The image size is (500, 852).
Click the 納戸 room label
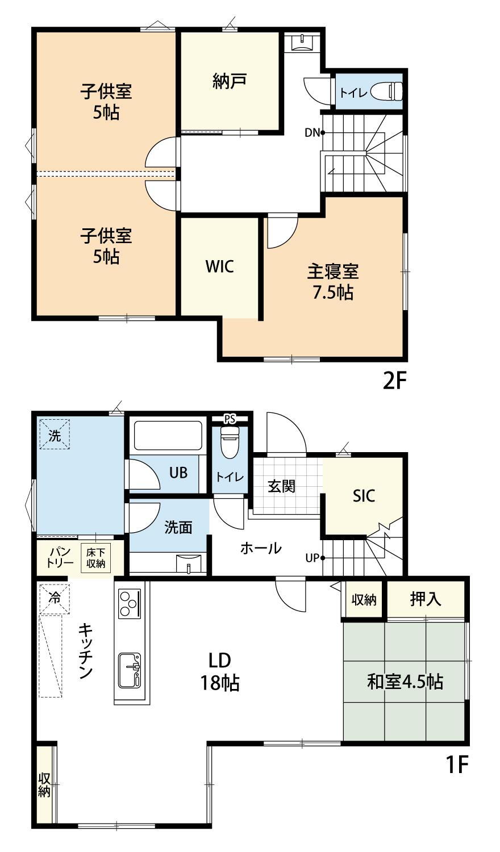(x=230, y=81)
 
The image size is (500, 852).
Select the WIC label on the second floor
(x=220, y=266)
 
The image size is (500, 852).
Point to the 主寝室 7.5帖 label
(x=333, y=282)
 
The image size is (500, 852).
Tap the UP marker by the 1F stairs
(x=313, y=558)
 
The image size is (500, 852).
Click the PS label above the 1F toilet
(x=230, y=419)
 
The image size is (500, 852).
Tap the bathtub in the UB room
(x=167, y=436)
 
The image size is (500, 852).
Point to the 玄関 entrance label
(x=282, y=486)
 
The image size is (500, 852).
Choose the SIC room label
(x=364, y=495)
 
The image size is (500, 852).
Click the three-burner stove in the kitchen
(x=130, y=604)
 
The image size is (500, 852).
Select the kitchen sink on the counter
(x=130, y=670)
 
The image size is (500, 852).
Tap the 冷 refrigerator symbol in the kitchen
(x=54, y=598)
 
